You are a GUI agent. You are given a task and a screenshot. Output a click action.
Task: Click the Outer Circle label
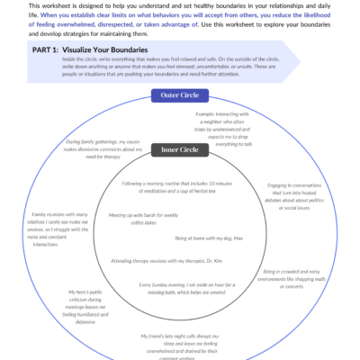point(180,94)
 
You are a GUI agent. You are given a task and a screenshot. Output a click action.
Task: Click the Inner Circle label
point(180,149)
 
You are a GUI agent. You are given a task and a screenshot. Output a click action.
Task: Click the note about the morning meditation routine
point(179,189)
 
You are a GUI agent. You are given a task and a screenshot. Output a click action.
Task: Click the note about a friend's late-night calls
point(180,342)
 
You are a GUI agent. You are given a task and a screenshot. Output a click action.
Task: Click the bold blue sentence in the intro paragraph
point(180,19)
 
